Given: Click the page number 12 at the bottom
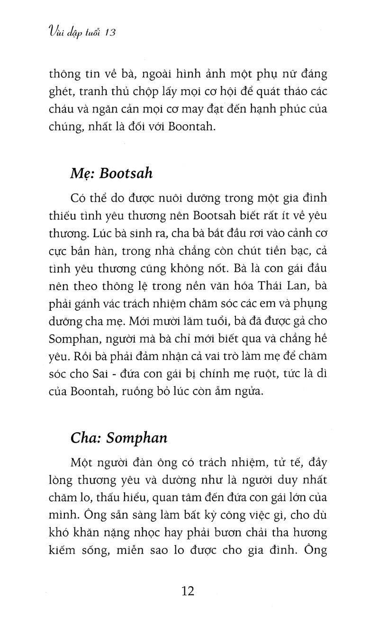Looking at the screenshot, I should click(x=188, y=592).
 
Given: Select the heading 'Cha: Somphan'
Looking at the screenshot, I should click(x=118, y=437).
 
